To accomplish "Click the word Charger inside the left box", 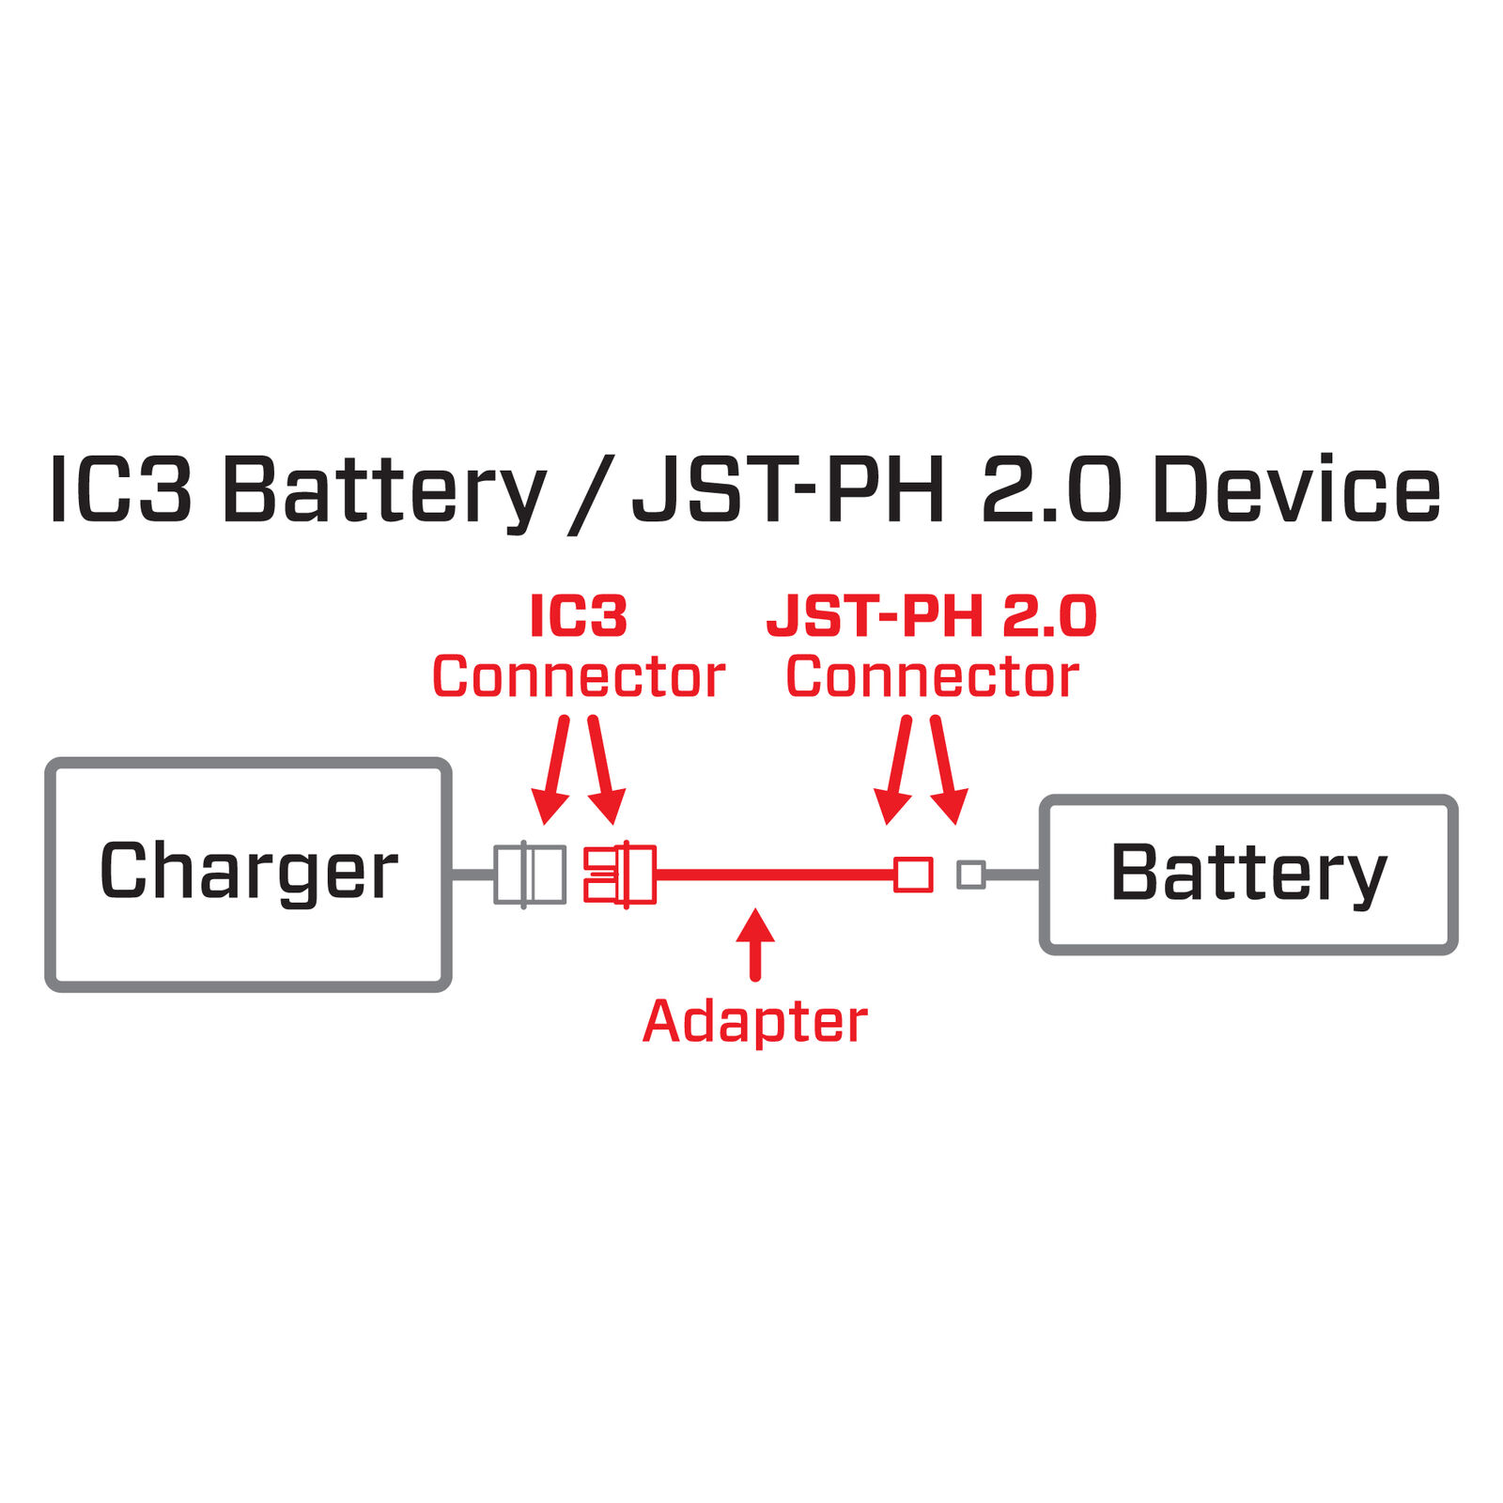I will [x=248, y=872].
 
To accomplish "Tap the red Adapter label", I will [x=754, y=1021].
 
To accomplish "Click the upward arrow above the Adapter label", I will [x=755, y=942].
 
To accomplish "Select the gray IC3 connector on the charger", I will [x=530, y=875].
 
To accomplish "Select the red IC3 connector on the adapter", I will [x=620, y=875].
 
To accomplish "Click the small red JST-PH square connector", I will [x=912, y=875].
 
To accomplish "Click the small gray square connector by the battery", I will [x=970, y=875].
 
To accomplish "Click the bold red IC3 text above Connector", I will [x=578, y=616].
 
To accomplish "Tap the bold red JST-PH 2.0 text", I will [x=931, y=616].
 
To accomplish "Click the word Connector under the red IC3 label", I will [x=578, y=676].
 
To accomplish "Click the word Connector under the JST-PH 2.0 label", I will [x=932, y=676].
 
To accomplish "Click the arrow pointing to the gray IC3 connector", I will [x=553, y=770].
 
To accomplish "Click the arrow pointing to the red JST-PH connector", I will [x=895, y=770].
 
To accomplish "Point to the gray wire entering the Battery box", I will [x=1013, y=875].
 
